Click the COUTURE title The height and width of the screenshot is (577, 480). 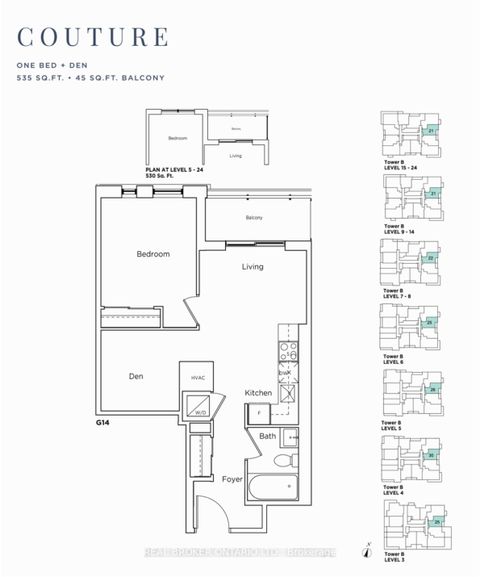click(91, 37)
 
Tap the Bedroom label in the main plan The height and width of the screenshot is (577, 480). click(153, 254)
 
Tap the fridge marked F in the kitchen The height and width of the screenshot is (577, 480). click(257, 411)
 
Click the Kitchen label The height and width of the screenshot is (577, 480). click(259, 393)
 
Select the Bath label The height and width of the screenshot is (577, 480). click(267, 436)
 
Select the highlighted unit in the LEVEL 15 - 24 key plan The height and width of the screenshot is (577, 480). click(431, 130)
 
